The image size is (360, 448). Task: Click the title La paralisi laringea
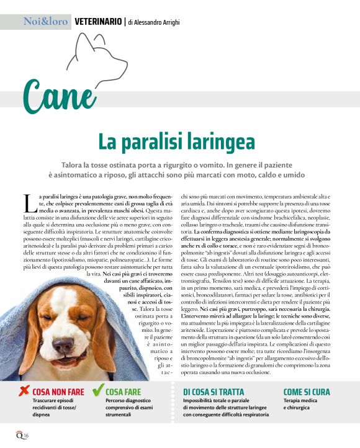[x=176, y=141]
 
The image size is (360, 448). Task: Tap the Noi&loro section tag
[x=44, y=22]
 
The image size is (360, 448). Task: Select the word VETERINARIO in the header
[x=98, y=22]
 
